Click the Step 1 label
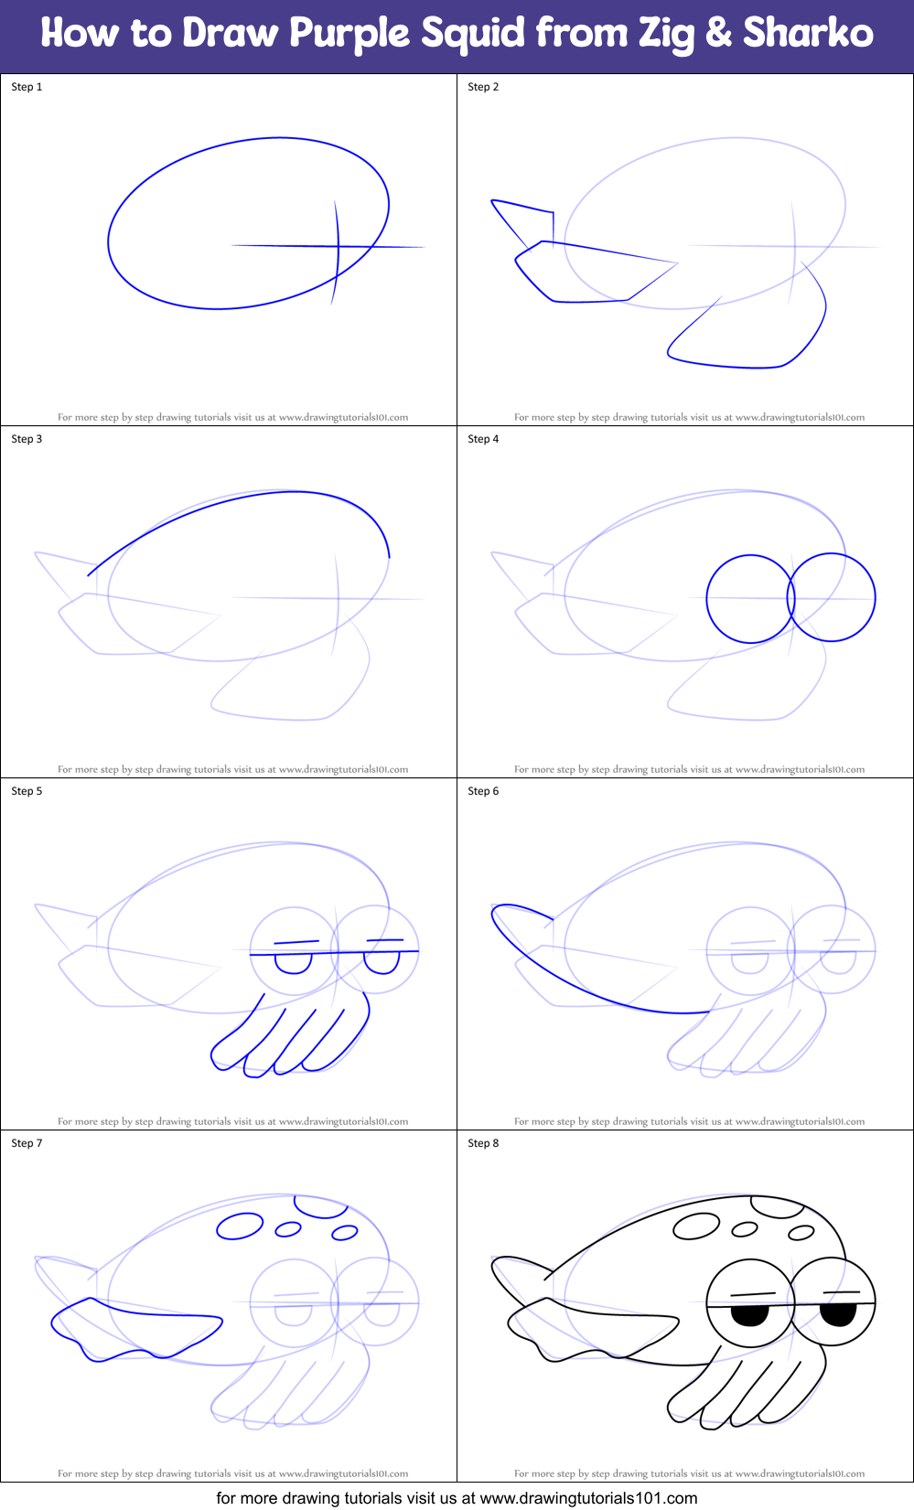pyautogui.click(x=27, y=87)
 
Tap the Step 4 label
pyautogui.click(x=483, y=439)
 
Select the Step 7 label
pyautogui.click(x=27, y=1143)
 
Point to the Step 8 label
pyautogui.click(x=483, y=1143)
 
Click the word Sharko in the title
pyautogui.click(x=808, y=33)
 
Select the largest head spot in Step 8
pyautogui.click(x=696, y=1226)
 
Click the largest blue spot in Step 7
pyautogui.click(x=240, y=1226)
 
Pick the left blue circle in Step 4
pyautogui.click(x=750, y=599)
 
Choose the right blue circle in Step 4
pyautogui.click(x=832, y=597)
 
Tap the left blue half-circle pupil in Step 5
pyautogui.click(x=294, y=963)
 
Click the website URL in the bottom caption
pyautogui.click(x=588, y=1498)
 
